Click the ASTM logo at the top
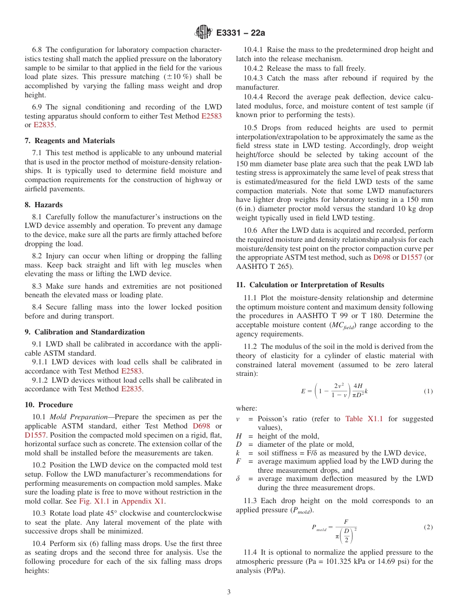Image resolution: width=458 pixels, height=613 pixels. pyautogui.click(x=202, y=32)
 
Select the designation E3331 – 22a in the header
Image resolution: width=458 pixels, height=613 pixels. pyautogui.click(x=241, y=33)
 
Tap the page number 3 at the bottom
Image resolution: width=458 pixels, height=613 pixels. pyautogui.click(x=229, y=592)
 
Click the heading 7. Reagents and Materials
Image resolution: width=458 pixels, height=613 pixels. pyautogui.click(x=70, y=141)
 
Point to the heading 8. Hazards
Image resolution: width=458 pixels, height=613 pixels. pyautogui.click(x=43, y=205)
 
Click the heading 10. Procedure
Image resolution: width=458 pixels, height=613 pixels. pyautogui.click(x=49, y=405)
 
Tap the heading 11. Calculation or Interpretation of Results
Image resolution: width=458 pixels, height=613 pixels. pyautogui.click(x=310, y=285)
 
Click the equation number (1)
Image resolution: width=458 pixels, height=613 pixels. pyautogui.click(x=428, y=392)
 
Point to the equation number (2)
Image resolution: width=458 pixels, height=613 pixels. pyautogui.click(x=428, y=527)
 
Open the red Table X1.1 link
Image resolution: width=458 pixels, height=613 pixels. pyautogui.click(x=364, y=419)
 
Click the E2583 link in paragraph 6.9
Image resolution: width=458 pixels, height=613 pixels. pyautogui.click(x=211, y=116)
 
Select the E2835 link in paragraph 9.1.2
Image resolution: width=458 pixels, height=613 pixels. pyautogui.click(x=131, y=389)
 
